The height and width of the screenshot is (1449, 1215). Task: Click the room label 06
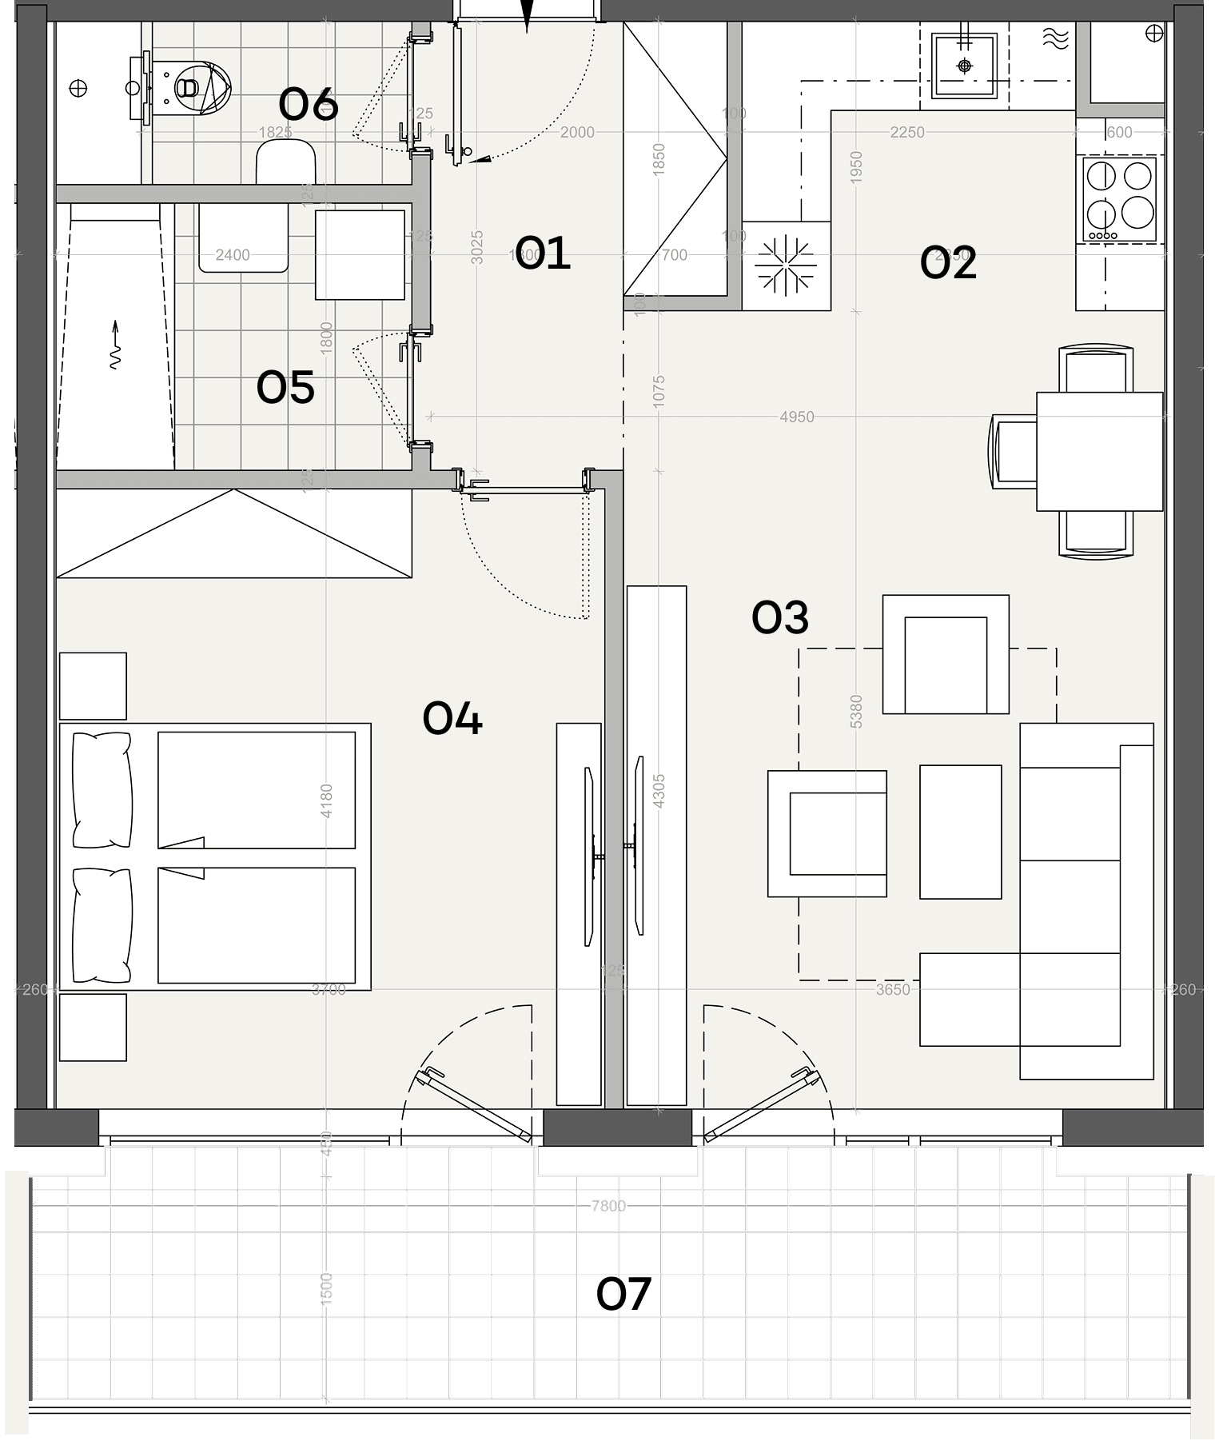tap(309, 105)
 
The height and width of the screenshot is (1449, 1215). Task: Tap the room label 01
tap(543, 253)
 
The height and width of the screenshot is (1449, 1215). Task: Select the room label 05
tap(285, 388)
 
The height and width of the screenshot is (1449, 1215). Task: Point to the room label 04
tap(452, 718)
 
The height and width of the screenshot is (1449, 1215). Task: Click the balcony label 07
tap(623, 1294)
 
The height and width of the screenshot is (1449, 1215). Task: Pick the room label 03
tap(780, 617)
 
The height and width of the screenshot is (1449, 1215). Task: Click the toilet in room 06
tap(192, 86)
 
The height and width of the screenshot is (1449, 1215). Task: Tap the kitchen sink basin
tap(965, 65)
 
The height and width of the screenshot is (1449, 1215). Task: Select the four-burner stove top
tap(1120, 198)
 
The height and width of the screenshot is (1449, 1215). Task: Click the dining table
tap(1099, 451)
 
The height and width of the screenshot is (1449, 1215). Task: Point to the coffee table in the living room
tap(960, 832)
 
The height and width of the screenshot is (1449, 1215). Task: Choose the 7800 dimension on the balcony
tap(608, 1205)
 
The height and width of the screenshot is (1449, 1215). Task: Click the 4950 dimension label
tap(797, 417)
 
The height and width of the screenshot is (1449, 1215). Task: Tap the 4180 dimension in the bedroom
tap(326, 800)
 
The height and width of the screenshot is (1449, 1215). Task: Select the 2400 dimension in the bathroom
tap(233, 255)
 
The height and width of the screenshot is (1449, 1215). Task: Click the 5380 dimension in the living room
tap(856, 711)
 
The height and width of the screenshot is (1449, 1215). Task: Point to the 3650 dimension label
tap(893, 989)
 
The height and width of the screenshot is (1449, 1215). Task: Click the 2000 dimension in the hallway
tap(577, 132)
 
